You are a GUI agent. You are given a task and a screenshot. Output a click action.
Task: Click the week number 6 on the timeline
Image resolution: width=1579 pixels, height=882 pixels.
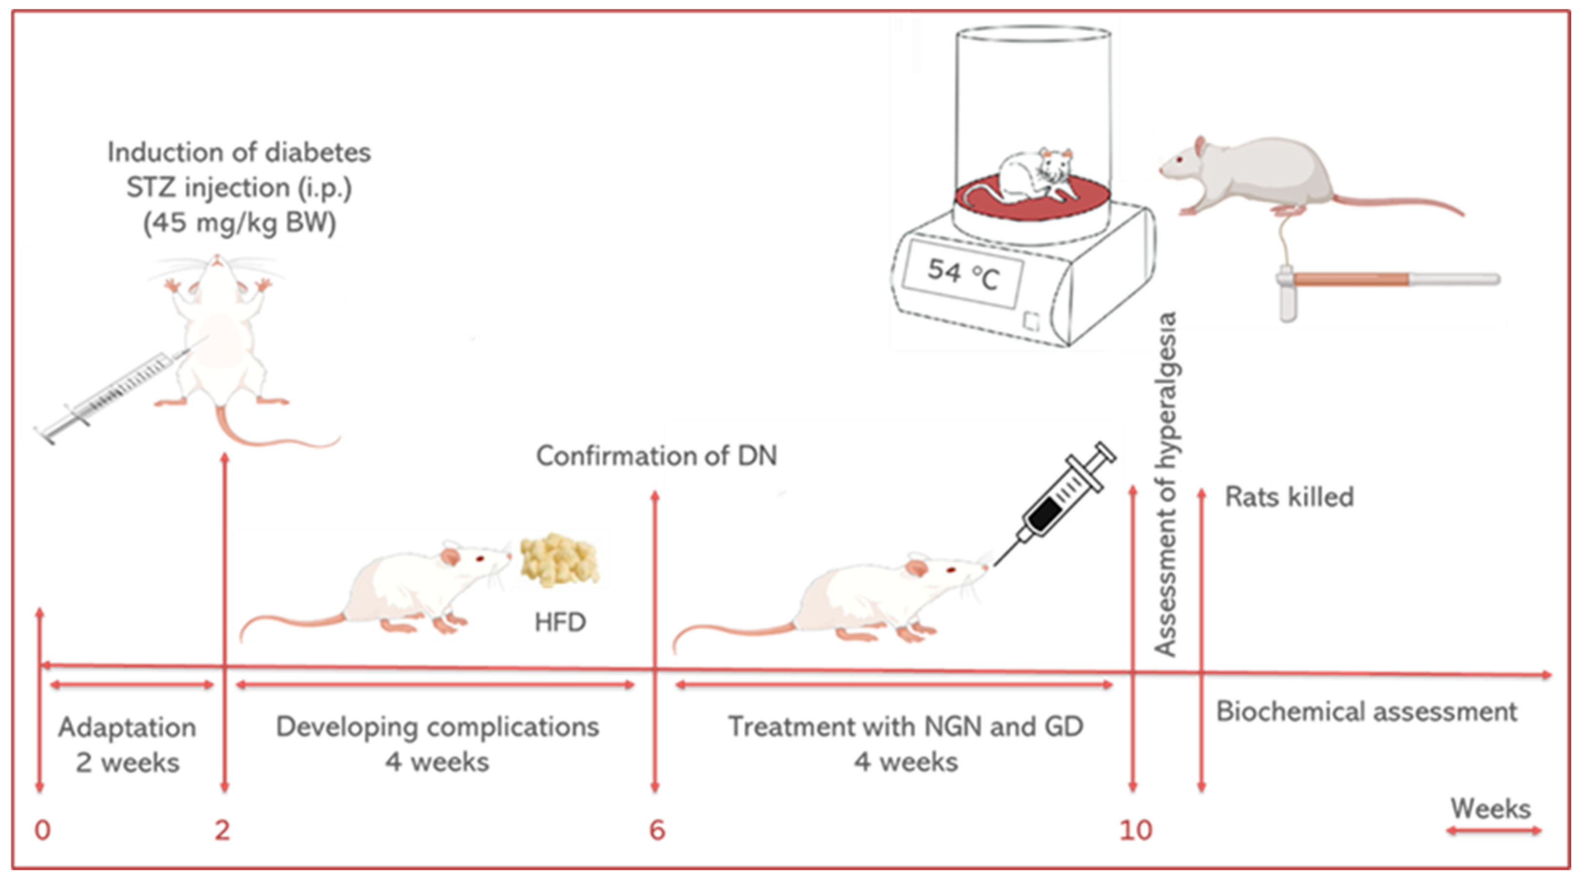(656, 830)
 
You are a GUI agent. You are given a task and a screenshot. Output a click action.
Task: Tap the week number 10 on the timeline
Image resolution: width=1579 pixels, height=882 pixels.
(1136, 830)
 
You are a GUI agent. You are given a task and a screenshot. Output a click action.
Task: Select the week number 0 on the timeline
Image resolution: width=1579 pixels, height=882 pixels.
(42, 830)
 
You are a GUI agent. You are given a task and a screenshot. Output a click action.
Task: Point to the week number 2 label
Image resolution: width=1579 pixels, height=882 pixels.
(222, 830)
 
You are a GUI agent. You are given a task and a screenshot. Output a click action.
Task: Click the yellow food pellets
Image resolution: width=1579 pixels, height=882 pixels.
(558, 560)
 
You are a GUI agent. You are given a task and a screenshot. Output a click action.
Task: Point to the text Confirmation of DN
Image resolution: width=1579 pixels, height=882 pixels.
(656, 456)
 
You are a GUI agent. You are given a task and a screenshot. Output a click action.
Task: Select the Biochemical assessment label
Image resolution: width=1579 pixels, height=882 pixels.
(1366, 712)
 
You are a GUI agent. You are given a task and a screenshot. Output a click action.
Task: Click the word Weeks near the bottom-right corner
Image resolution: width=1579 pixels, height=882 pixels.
(1490, 809)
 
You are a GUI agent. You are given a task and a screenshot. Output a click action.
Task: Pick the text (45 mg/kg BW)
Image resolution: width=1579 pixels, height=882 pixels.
(240, 223)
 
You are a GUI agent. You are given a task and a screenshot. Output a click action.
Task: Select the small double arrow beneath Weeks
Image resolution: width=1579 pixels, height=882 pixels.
(1493, 830)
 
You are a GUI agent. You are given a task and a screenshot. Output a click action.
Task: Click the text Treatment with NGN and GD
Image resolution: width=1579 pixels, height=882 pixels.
(905, 727)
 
